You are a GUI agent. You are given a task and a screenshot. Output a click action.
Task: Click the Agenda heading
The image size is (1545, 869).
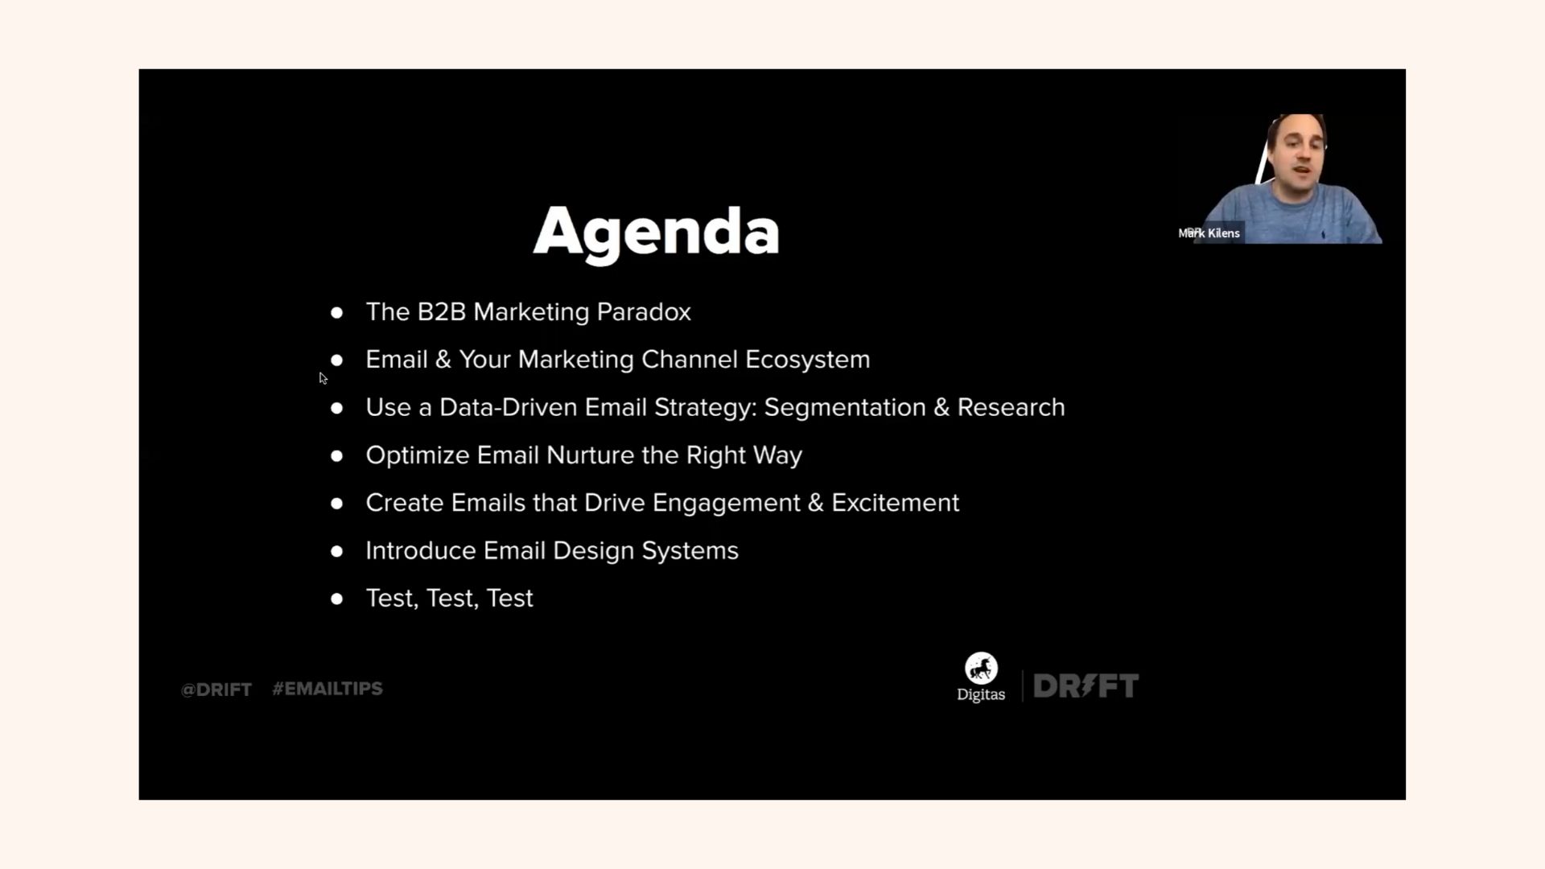click(x=656, y=232)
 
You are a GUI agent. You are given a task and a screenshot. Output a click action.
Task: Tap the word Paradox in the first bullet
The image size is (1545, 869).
click(x=644, y=311)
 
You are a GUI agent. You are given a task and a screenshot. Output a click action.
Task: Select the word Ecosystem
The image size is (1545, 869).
click(x=807, y=360)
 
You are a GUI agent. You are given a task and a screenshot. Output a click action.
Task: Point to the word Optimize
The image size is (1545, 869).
click(x=418, y=455)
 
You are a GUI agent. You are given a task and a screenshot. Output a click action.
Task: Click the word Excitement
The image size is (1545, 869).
click(x=895, y=503)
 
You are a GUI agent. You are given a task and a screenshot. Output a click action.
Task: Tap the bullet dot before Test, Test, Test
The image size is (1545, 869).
click(x=336, y=599)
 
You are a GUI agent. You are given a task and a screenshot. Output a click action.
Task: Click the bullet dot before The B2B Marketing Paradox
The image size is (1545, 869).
click(x=336, y=312)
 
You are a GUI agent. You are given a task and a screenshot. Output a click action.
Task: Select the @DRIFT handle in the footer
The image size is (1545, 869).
click(x=216, y=690)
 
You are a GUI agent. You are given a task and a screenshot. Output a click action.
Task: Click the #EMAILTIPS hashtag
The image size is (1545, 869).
click(x=328, y=689)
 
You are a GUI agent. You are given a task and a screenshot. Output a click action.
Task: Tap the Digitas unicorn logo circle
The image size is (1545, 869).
click(x=981, y=668)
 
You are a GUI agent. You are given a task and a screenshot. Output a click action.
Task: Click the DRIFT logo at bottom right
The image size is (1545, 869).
click(x=1086, y=686)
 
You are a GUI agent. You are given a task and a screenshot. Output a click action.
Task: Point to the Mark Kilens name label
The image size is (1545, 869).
click(x=1209, y=233)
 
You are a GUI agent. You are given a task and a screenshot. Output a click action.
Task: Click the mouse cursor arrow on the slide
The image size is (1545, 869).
click(x=323, y=378)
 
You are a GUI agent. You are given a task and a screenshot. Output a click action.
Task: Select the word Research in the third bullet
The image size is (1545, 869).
click(x=1011, y=407)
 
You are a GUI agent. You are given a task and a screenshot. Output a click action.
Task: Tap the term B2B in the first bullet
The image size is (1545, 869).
click(x=442, y=311)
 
